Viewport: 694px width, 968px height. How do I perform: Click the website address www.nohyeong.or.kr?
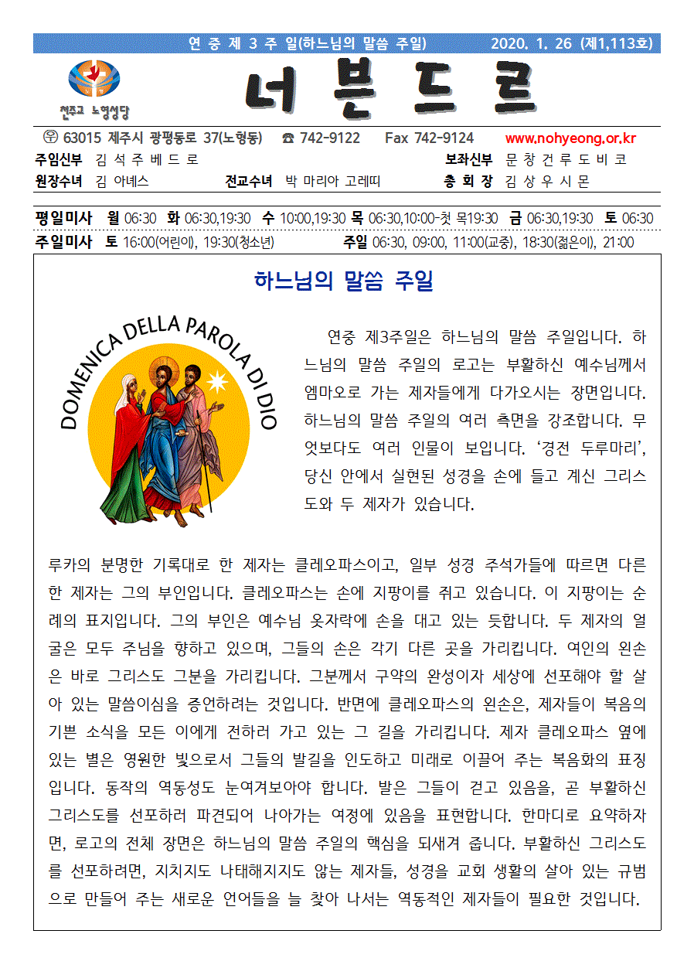click(x=570, y=139)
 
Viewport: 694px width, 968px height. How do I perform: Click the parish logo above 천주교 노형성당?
click(x=94, y=79)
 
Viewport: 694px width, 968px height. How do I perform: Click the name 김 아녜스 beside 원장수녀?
click(x=121, y=182)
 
